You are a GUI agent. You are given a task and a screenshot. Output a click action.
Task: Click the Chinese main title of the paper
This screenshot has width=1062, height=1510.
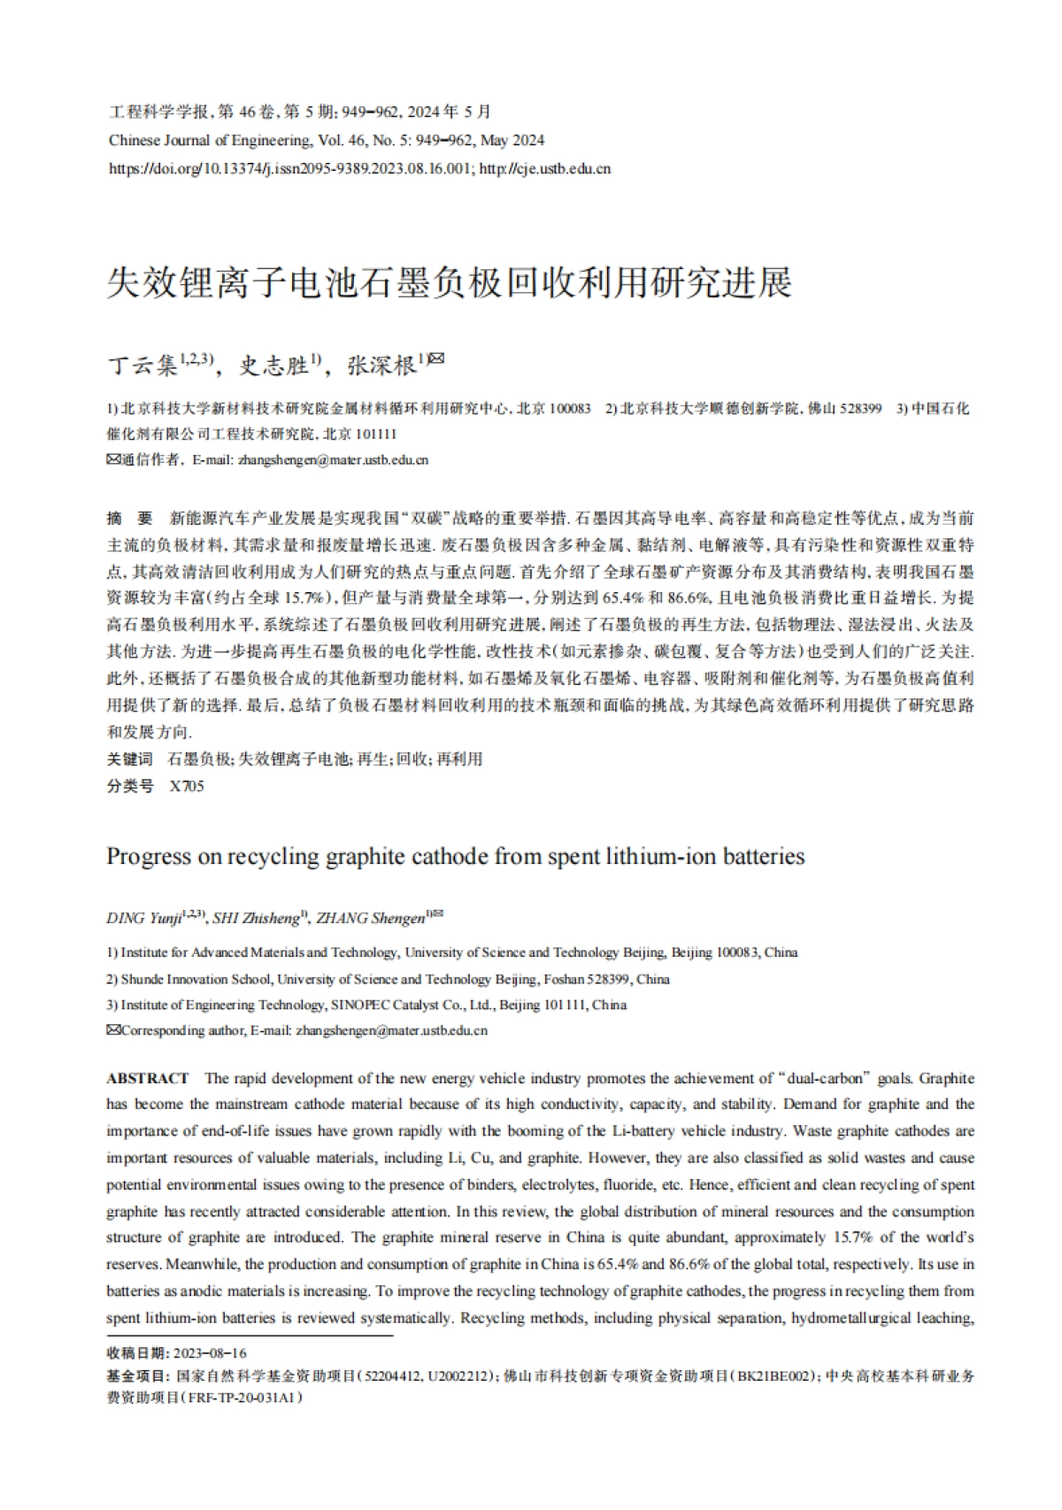tap(449, 282)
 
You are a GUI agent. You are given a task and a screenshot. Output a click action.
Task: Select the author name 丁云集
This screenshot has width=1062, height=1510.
tap(142, 365)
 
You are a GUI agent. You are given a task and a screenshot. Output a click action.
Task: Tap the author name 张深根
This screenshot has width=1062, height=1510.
tap(381, 365)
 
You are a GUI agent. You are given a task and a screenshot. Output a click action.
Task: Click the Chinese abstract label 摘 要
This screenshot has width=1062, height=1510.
tap(129, 518)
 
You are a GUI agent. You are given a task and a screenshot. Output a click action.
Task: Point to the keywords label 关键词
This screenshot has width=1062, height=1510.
tap(129, 759)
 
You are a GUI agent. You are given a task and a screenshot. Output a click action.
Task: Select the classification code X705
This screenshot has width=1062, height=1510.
tap(187, 785)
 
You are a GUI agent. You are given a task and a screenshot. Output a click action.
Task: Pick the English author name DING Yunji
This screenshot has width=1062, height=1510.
tap(143, 918)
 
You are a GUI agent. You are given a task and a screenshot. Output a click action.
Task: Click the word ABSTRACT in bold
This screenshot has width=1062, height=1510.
tap(148, 1078)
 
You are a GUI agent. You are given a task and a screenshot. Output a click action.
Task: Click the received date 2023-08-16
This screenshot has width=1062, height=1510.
tap(211, 1353)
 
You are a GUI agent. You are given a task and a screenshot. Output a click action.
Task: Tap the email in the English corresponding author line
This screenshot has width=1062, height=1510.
tap(391, 1030)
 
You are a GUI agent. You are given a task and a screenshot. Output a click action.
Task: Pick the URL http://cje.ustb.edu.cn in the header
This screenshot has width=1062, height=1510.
tap(544, 168)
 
